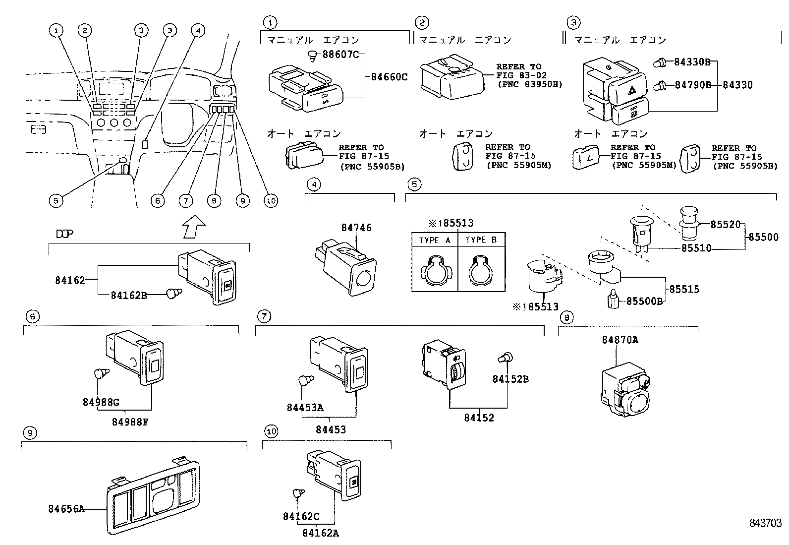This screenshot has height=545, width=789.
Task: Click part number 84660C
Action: [389, 77]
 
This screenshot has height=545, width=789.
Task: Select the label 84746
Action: [356, 228]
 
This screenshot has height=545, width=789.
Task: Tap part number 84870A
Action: [620, 340]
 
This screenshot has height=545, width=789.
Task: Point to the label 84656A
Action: [66, 509]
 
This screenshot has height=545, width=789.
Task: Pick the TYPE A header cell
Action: [435, 240]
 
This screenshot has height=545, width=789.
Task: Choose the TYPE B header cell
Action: [480, 240]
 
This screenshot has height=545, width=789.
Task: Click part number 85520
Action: [724, 224]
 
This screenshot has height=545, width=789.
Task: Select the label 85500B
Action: [644, 301]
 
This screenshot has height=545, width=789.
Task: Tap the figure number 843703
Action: [765, 523]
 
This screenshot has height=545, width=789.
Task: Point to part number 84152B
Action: [510, 379]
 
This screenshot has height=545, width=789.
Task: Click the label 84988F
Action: [130, 422]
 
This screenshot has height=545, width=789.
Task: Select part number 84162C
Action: [301, 517]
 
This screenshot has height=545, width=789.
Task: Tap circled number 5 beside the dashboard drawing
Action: [56, 200]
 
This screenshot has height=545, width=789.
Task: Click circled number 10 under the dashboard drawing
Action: [271, 200]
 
